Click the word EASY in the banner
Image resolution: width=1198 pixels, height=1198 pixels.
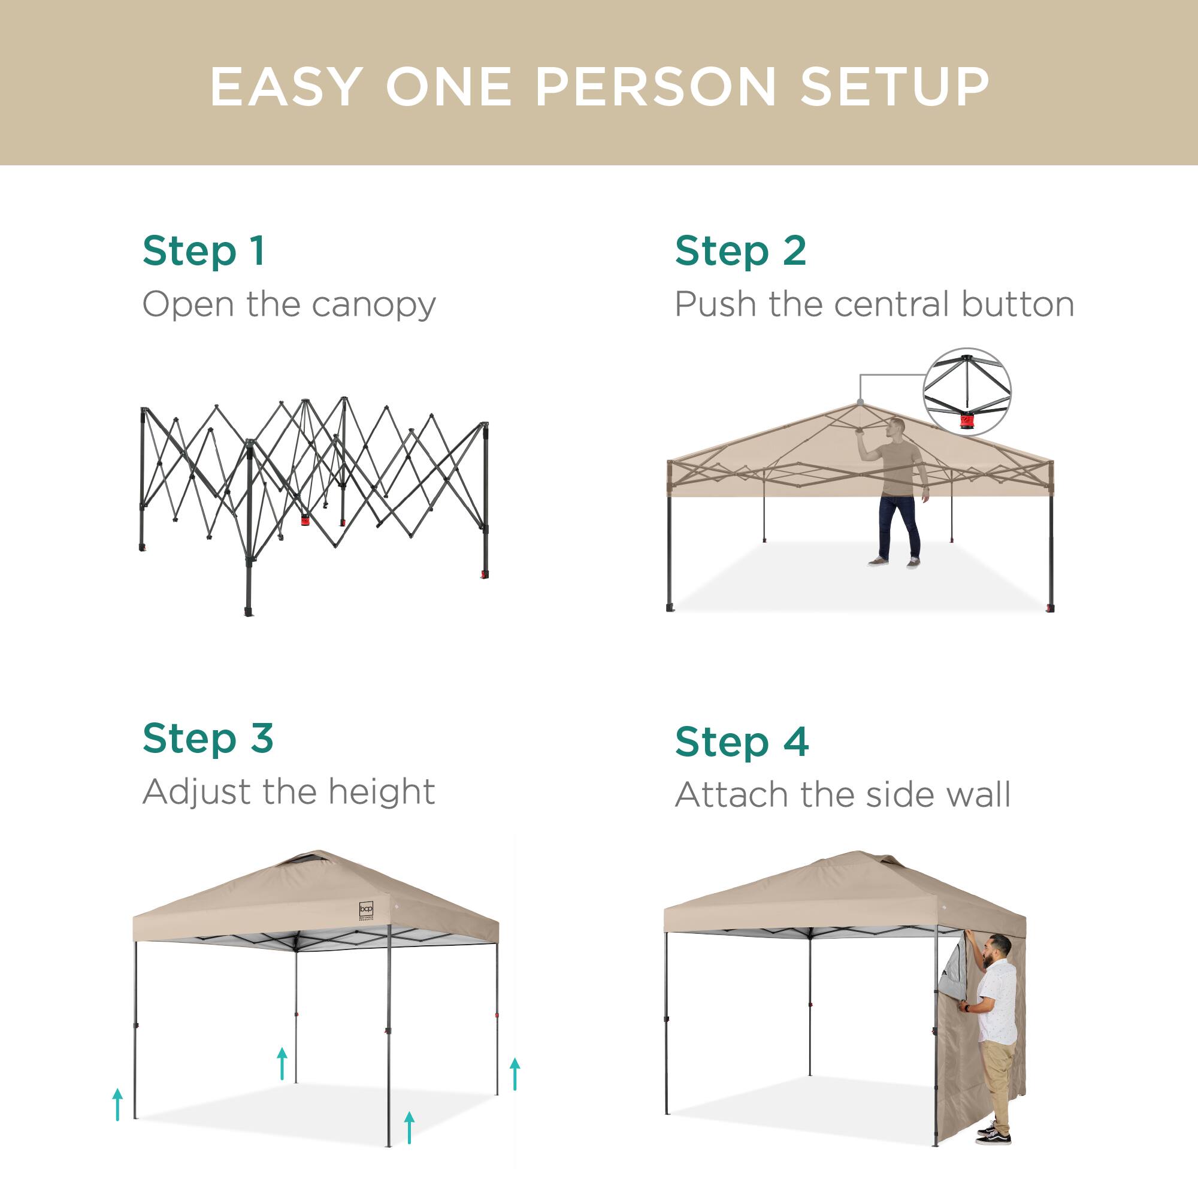[x=286, y=87]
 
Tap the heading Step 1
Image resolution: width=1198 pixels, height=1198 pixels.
[x=204, y=252]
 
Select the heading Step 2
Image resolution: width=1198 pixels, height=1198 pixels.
[x=740, y=252]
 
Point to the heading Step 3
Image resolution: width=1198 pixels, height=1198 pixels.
[x=208, y=739]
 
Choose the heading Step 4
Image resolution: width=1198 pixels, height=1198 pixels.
[x=742, y=742]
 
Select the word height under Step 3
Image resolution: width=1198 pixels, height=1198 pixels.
[x=382, y=792]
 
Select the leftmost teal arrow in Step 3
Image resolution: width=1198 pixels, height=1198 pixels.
[x=117, y=1105]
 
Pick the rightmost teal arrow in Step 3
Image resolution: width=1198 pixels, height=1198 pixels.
[x=515, y=1073]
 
